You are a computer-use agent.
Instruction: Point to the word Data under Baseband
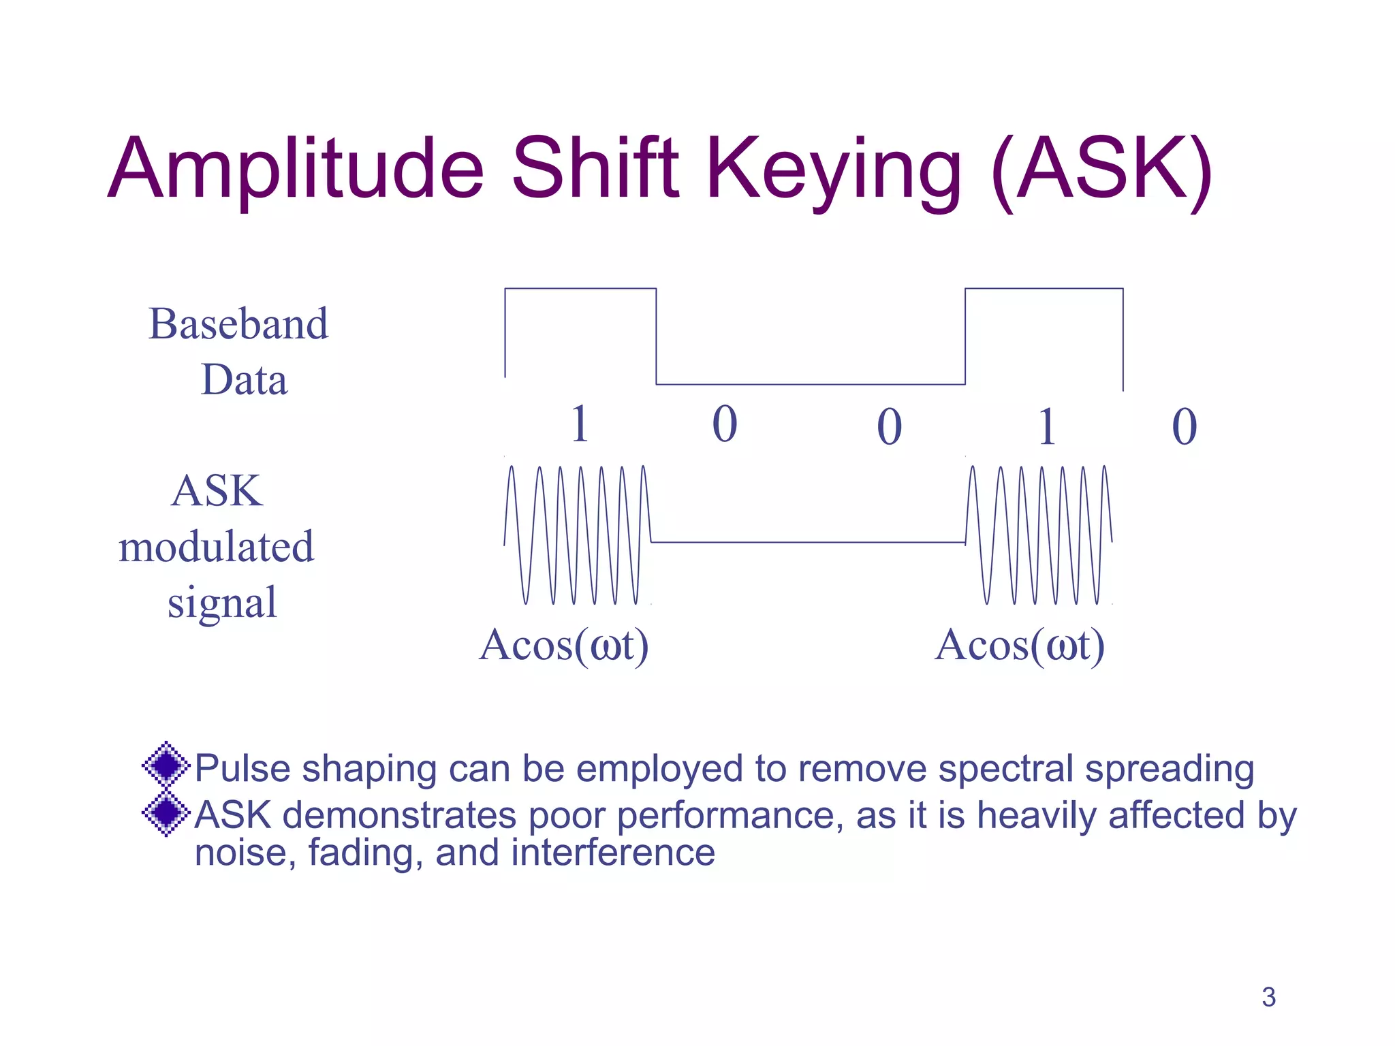[244, 379]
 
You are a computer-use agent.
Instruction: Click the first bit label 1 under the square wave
[580, 424]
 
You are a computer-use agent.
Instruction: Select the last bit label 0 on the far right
[1184, 427]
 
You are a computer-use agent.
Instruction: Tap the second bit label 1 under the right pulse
[1047, 427]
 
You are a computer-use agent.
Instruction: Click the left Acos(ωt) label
[563, 645]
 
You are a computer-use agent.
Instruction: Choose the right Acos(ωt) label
[1019, 645]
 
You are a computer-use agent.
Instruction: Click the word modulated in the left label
[217, 547]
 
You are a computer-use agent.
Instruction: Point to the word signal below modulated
[222, 603]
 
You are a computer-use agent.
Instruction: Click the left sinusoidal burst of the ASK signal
[578, 535]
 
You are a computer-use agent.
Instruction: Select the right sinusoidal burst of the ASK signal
[1039, 535]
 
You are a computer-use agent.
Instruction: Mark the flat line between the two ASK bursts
[807, 543]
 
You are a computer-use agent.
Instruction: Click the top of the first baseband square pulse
[580, 289]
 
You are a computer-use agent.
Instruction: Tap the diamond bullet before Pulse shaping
[166, 765]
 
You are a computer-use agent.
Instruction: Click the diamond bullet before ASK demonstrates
[166, 812]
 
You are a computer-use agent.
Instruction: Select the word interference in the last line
[613, 853]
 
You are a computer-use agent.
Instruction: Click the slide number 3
[1268, 997]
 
